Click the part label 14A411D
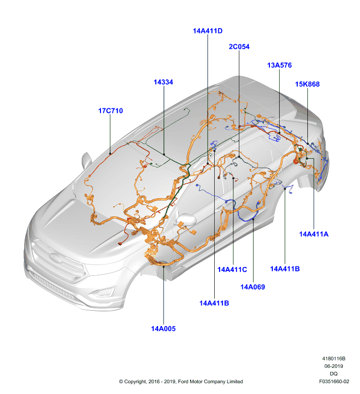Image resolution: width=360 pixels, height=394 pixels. (x=207, y=31)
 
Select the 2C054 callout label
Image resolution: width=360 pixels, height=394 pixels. (x=239, y=47)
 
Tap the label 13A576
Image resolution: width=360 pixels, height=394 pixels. (x=279, y=66)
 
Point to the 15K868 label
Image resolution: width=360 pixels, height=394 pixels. (x=307, y=84)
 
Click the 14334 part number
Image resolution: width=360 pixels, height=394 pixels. (x=164, y=82)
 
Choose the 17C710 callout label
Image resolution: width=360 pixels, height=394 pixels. (x=110, y=111)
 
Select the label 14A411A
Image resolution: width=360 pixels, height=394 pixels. (x=314, y=234)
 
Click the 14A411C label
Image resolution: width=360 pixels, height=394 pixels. (x=232, y=269)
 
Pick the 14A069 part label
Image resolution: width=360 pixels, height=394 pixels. (x=253, y=287)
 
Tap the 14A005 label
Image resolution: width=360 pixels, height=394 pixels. (x=164, y=328)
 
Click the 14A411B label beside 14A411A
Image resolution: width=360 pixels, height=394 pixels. (x=285, y=269)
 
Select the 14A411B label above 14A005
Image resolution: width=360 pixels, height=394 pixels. (x=214, y=303)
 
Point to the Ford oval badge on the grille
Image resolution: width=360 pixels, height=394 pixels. (x=55, y=258)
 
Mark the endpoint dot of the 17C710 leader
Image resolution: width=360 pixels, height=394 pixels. (x=110, y=154)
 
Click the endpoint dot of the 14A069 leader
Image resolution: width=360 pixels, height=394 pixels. (x=253, y=219)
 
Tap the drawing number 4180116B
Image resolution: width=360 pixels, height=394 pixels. (x=333, y=359)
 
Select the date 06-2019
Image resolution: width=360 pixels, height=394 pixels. (x=333, y=366)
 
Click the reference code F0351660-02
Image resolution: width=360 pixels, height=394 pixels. (x=334, y=381)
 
